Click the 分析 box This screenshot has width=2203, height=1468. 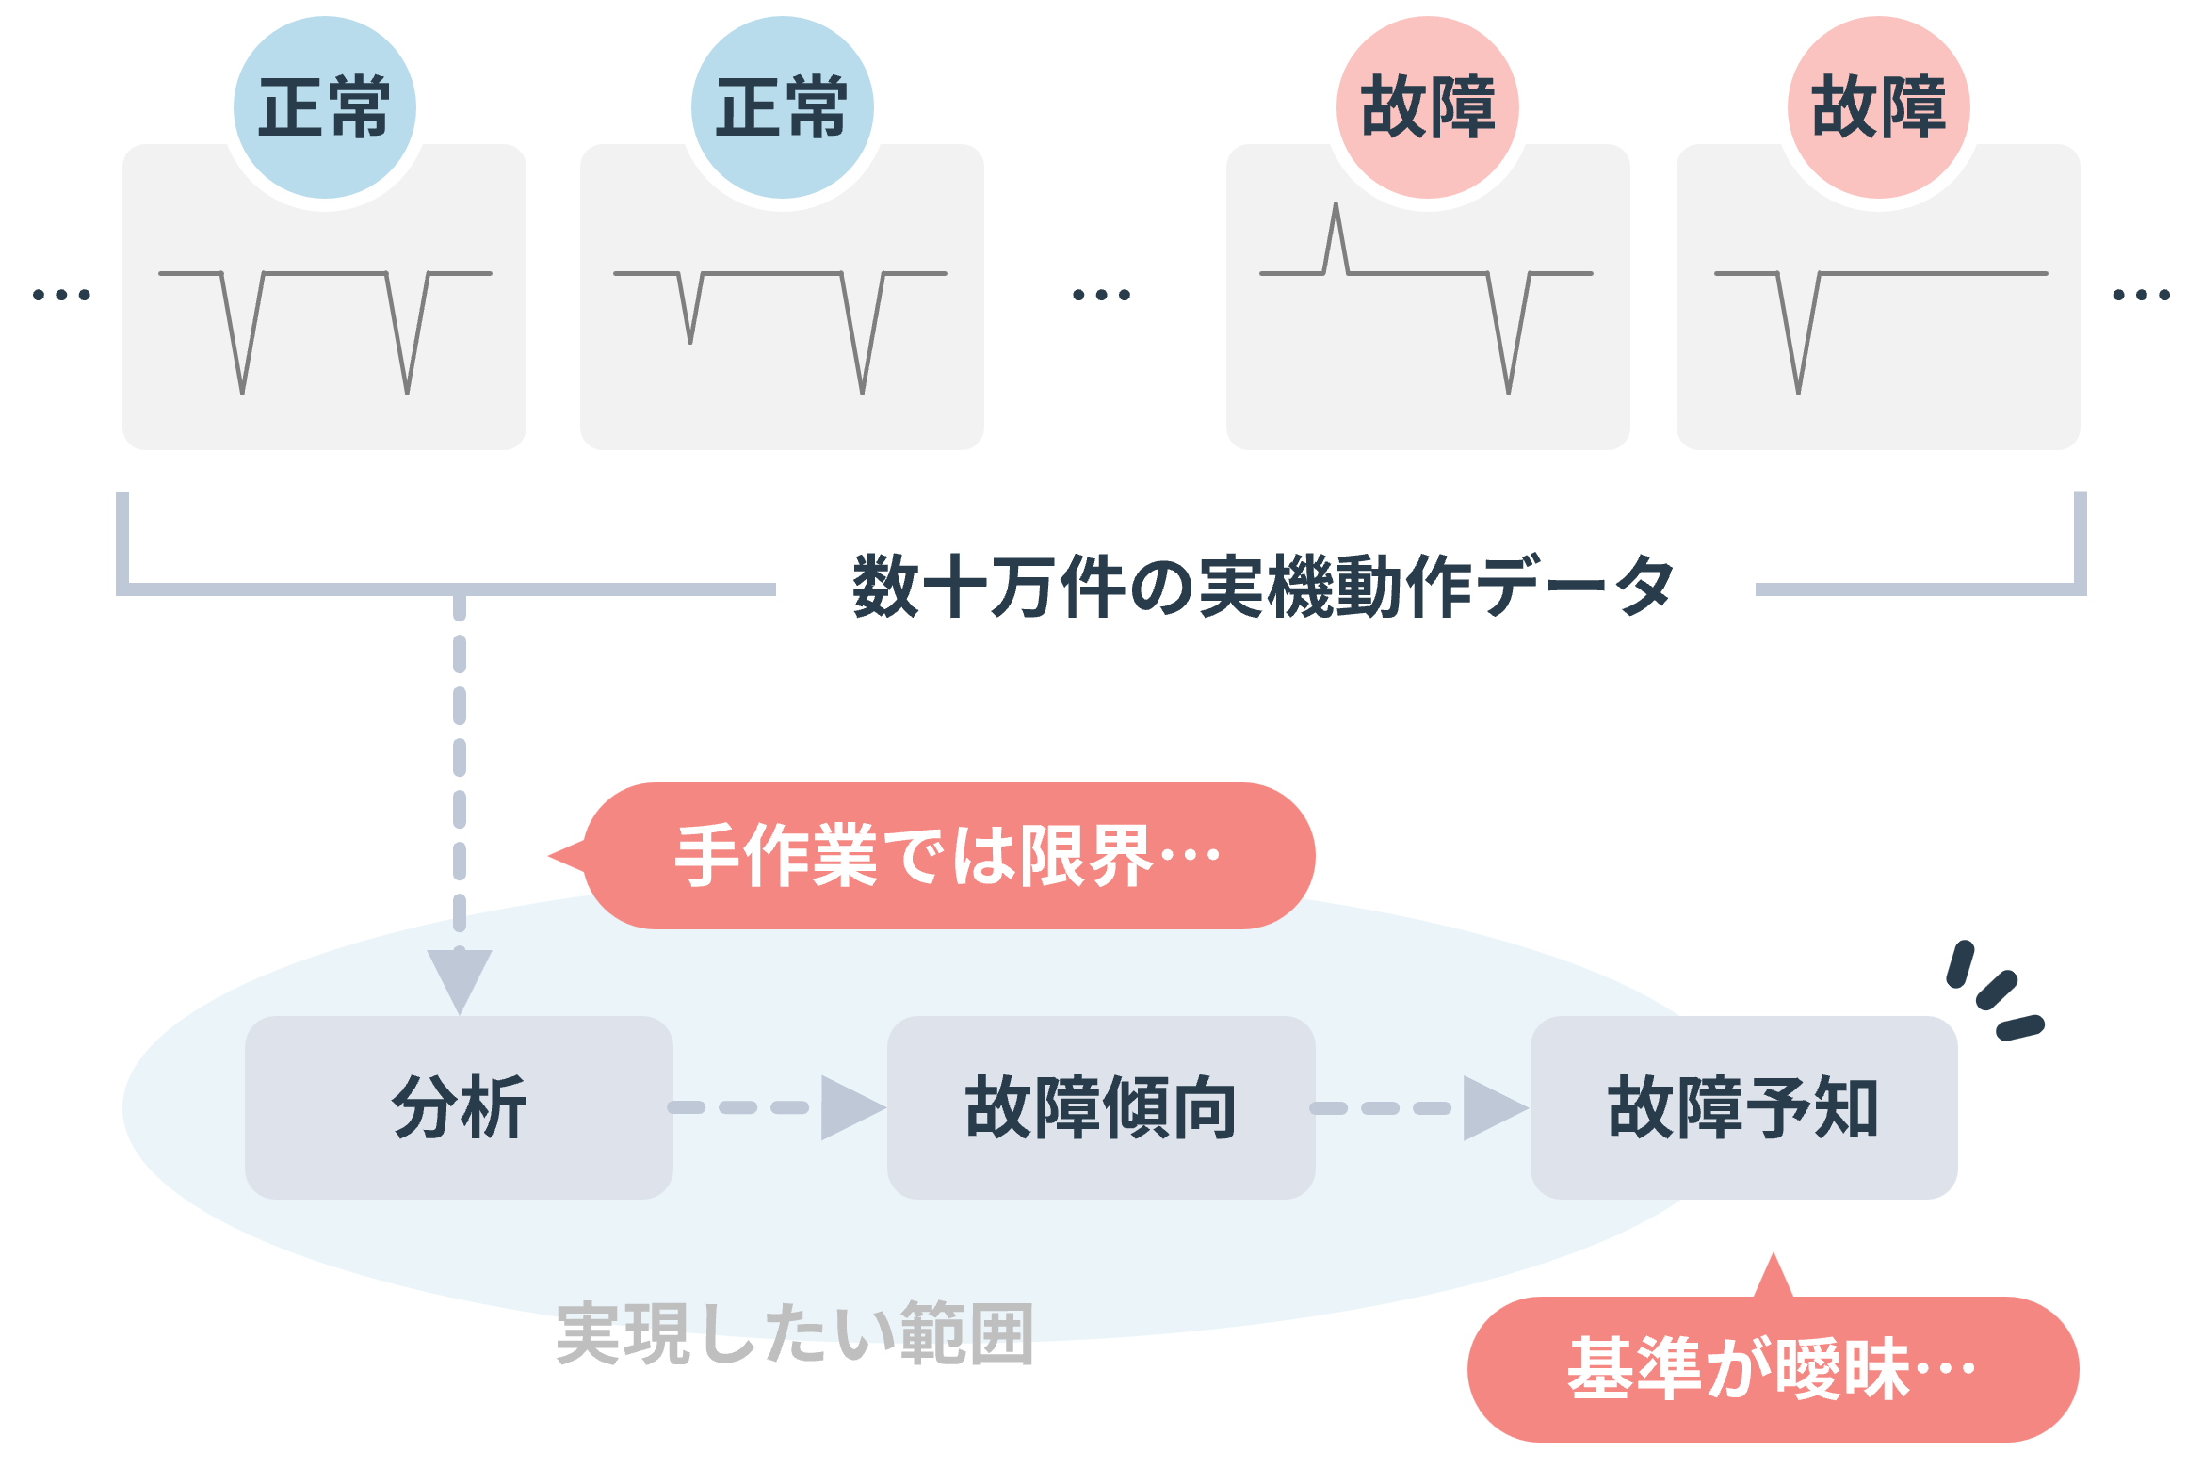coord(459,1107)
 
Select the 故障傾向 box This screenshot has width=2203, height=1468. coord(1100,1107)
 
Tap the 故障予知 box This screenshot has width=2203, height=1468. coord(1743,1107)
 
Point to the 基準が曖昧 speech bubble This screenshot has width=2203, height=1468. coord(1772,1369)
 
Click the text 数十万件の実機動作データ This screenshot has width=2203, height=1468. coord(1263,587)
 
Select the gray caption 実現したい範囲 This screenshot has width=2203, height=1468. coord(795,1333)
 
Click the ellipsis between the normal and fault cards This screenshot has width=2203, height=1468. coord(1101,295)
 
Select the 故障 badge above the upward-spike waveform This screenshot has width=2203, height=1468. coord(1427,107)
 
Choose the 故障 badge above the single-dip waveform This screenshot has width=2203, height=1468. coord(1878,107)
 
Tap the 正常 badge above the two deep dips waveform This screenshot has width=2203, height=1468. coord(324,107)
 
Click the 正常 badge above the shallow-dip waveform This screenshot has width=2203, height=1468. coord(782,107)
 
